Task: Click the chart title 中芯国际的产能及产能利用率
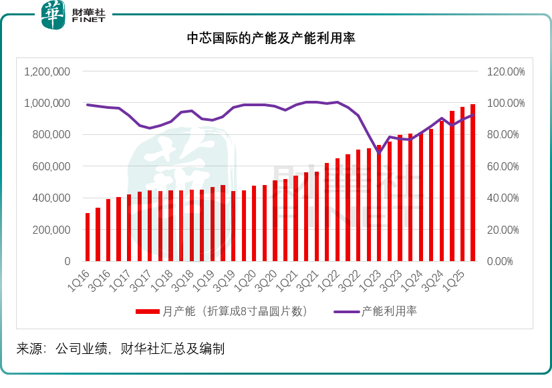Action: [x=271, y=39]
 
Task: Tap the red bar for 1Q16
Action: [x=88, y=237]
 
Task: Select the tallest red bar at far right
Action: [x=472, y=182]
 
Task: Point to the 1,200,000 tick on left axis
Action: [x=47, y=71]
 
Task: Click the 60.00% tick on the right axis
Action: [x=505, y=166]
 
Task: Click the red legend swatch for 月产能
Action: [x=148, y=311]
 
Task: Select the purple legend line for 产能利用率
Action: [x=346, y=311]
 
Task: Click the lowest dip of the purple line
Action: [x=379, y=153]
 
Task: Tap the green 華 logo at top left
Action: [x=53, y=15]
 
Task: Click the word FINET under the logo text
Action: [x=87, y=21]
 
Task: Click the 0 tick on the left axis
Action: [x=67, y=261]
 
